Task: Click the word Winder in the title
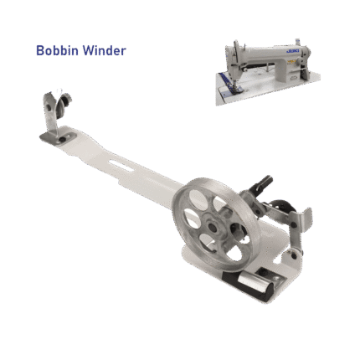(105, 50)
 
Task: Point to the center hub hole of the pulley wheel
(213, 227)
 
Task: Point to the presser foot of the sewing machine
(238, 89)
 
